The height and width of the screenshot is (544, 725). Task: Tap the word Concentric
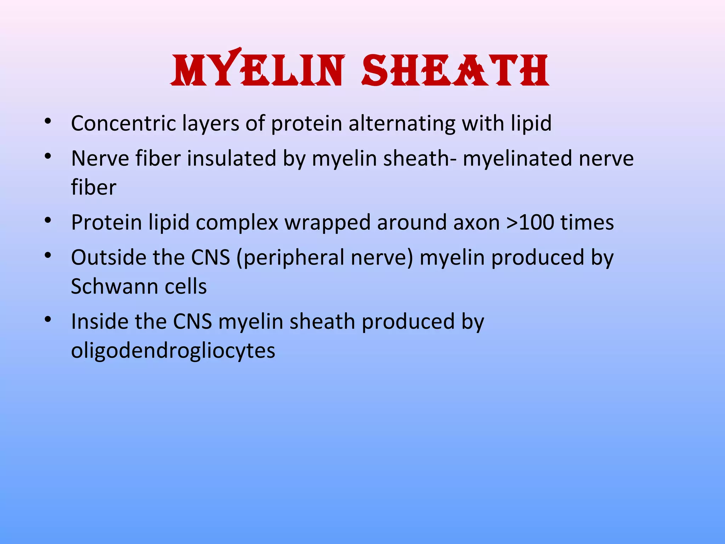point(124,123)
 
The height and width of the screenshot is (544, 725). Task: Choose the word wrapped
point(327,223)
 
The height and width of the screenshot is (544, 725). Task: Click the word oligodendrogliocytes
point(173,351)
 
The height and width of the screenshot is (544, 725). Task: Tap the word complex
point(237,223)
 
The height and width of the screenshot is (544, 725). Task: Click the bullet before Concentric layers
point(48,121)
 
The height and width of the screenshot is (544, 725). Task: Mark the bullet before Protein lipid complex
point(48,220)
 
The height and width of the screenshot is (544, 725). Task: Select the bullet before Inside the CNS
point(48,319)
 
